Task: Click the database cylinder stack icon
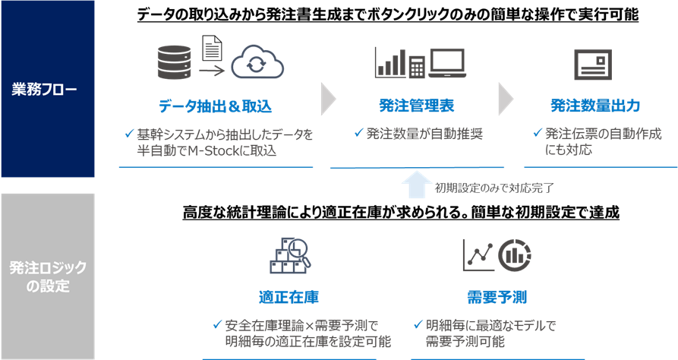coord(174,62)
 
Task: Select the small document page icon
coord(212,48)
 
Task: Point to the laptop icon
coord(447,64)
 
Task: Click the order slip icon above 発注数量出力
coord(593,65)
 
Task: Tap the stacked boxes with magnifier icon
coord(290,255)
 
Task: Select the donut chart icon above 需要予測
coord(515,255)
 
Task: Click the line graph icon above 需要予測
coord(478,255)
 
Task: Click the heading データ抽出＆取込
coord(215,106)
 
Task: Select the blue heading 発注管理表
coord(416,106)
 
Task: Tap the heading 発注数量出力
coord(595,106)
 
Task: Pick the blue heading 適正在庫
coord(289,297)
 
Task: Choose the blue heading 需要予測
coord(497,297)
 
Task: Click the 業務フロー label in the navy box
coord(44,90)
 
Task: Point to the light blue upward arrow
coord(416,185)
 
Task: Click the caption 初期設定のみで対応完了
coord(494,188)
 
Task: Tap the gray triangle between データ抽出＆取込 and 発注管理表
coord(328,99)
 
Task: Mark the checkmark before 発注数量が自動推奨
coord(358,133)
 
